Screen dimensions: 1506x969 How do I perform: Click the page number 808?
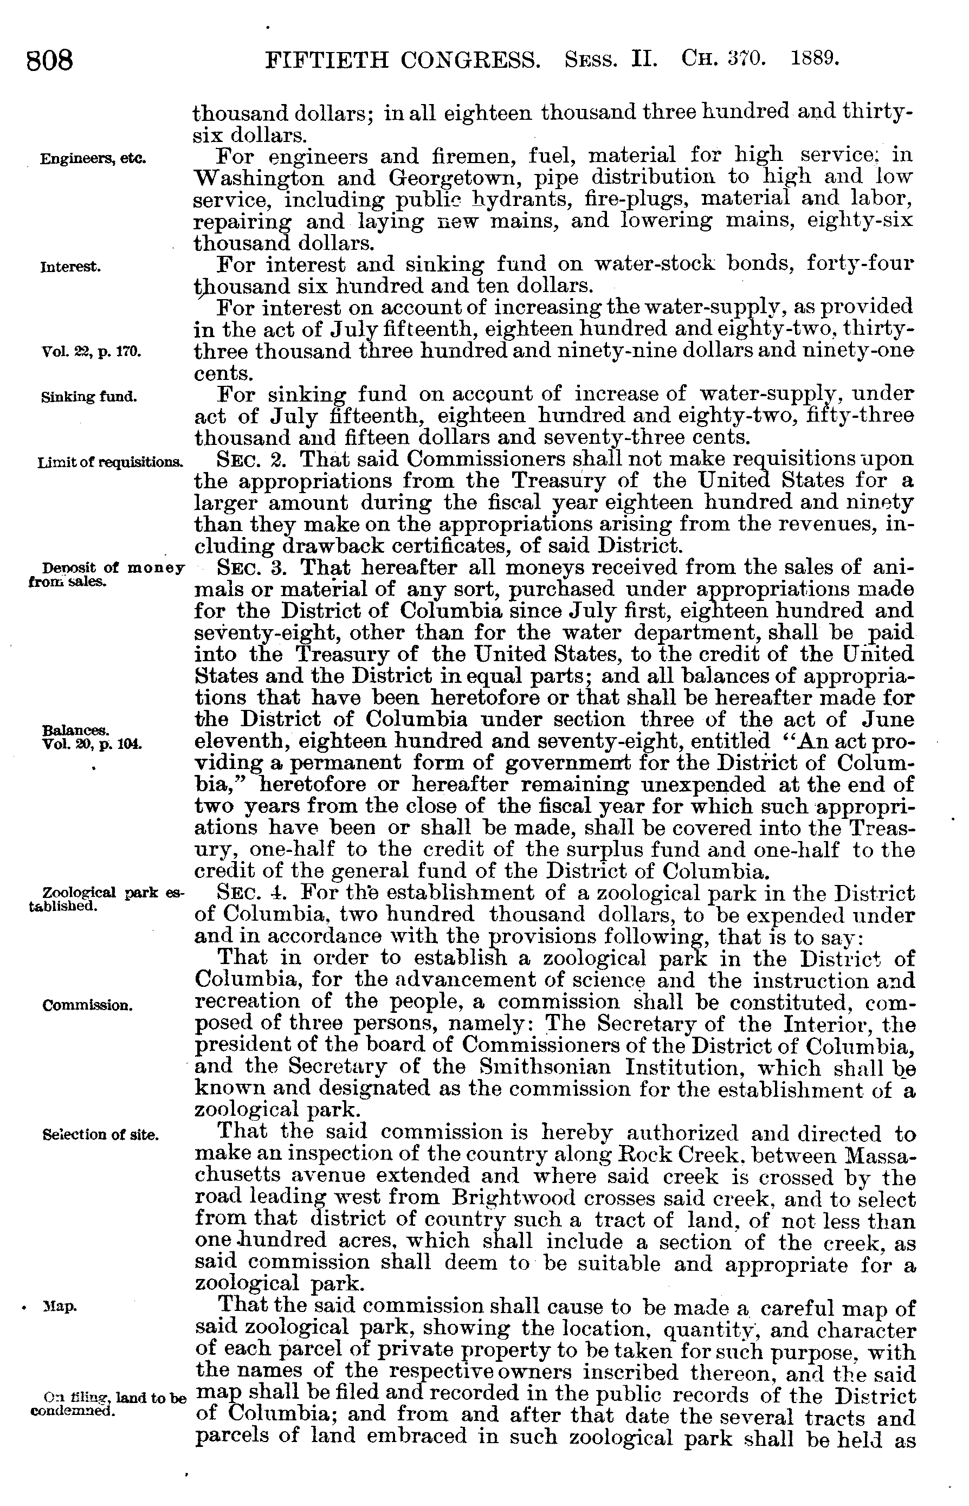click(50, 61)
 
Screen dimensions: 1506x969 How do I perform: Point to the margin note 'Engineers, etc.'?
click(93, 159)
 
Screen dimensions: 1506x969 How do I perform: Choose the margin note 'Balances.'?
click(75, 731)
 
